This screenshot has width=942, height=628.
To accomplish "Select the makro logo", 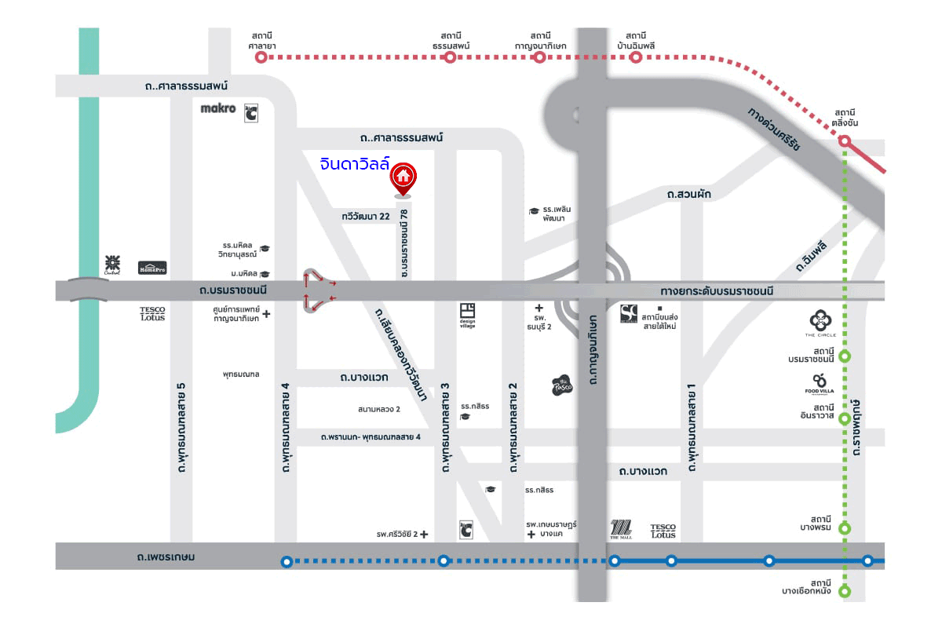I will [218, 108].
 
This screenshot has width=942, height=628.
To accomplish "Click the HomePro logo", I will [152, 268].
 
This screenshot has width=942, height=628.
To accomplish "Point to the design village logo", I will [468, 316].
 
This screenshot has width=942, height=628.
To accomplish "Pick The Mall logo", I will [621, 530].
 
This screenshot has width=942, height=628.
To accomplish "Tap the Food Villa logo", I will [820, 383].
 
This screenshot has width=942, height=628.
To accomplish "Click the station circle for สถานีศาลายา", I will [261, 57].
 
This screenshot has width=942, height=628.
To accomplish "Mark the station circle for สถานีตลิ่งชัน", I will [845, 141].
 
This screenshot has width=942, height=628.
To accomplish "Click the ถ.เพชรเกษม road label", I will [165, 557].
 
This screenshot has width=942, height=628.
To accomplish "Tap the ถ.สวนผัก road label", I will [688, 193].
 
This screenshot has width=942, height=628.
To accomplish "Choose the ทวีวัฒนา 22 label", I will [366, 217].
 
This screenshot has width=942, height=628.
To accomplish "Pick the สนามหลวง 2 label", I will [378, 409].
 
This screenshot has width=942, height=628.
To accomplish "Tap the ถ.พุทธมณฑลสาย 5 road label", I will [181, 427].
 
